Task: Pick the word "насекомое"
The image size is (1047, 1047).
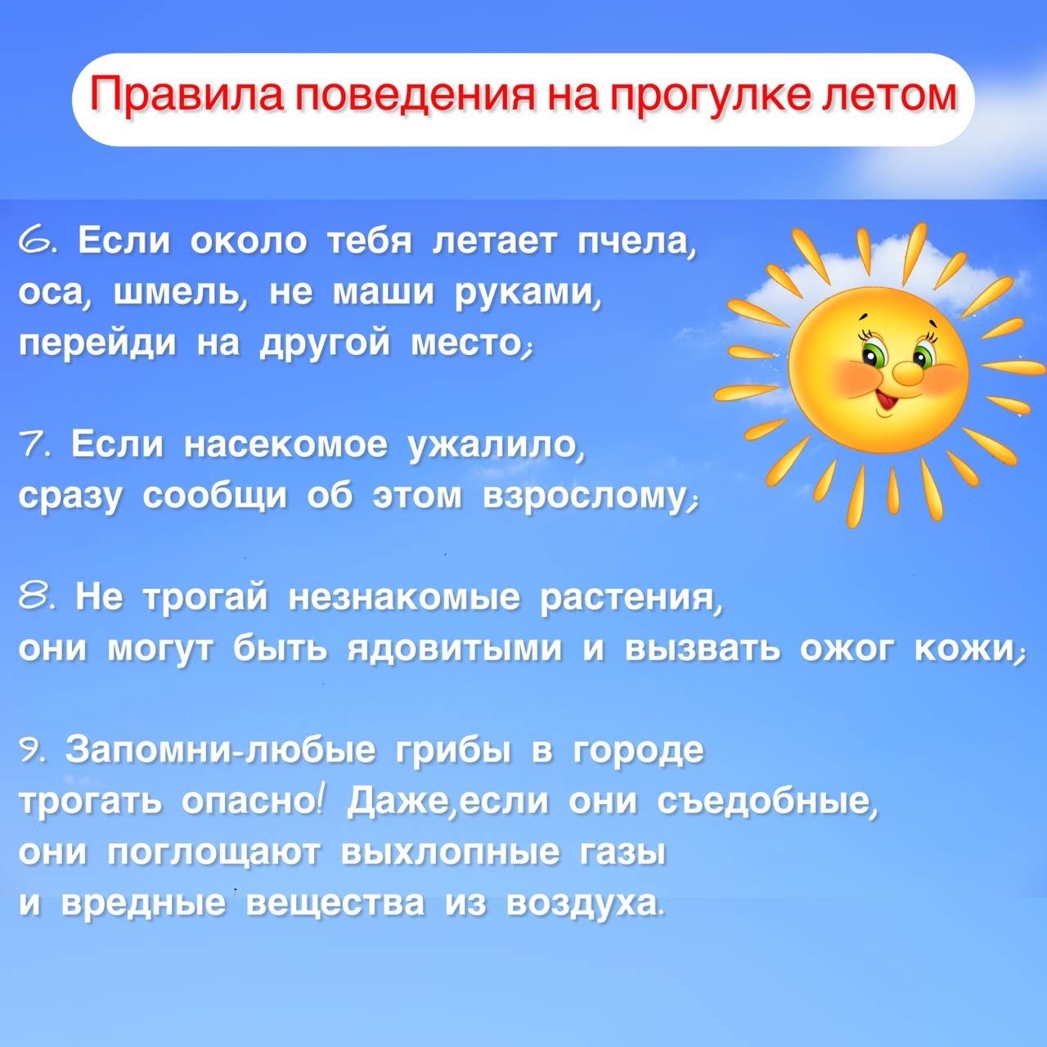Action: click(286, 446)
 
